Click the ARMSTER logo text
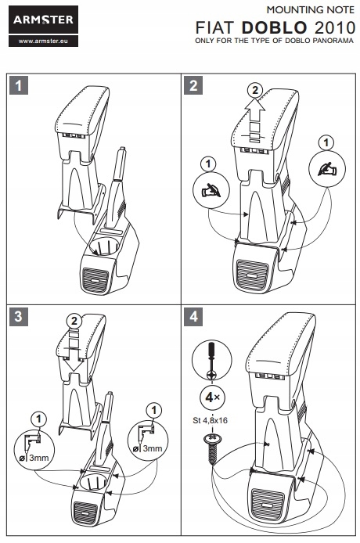coord(43,20)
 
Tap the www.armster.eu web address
coord(43,41)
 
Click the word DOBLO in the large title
coord(275,27)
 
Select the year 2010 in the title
coord(335,27)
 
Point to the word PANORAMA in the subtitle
coord(333,41)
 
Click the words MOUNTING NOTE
coord(311,10)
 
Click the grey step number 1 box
coord(18,85)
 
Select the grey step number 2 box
coord(193,85)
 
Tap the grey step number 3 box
coord(18,316)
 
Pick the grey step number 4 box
coord(193,316)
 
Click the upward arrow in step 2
coord(255,120)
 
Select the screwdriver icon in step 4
coord(211,360)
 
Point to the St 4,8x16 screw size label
coord(211,420)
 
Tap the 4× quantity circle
coord(212,397)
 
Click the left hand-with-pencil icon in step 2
coord(211,190)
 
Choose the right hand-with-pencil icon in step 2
coord(326,169)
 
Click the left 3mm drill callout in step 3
coord(34,449)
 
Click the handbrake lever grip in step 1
coord(121,164)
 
